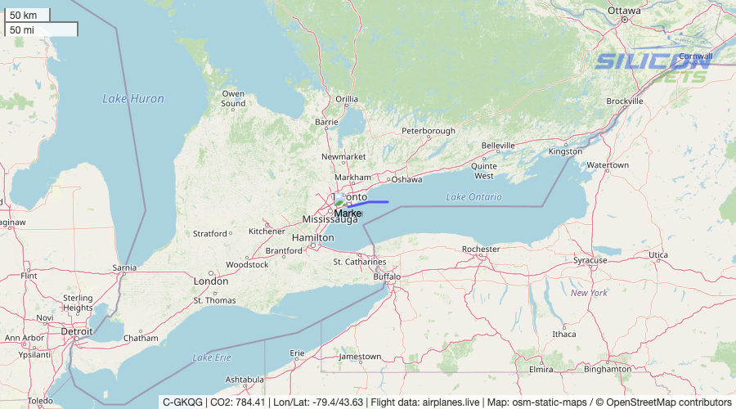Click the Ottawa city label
coord(624,11)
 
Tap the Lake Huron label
coord(133,99)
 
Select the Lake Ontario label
coord(474,197)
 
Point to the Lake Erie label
coord(212,357)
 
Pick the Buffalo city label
coord(387,276)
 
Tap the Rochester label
coord(480,249)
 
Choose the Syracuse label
coord(590,260)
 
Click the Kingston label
coord(565,151)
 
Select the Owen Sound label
coord(233,99)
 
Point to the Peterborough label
coord(428,131)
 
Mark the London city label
coord(210,281)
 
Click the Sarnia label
coord(124,267)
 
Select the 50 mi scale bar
coord(41,29)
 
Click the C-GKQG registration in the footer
coord(182,402)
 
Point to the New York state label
coord(589,293)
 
